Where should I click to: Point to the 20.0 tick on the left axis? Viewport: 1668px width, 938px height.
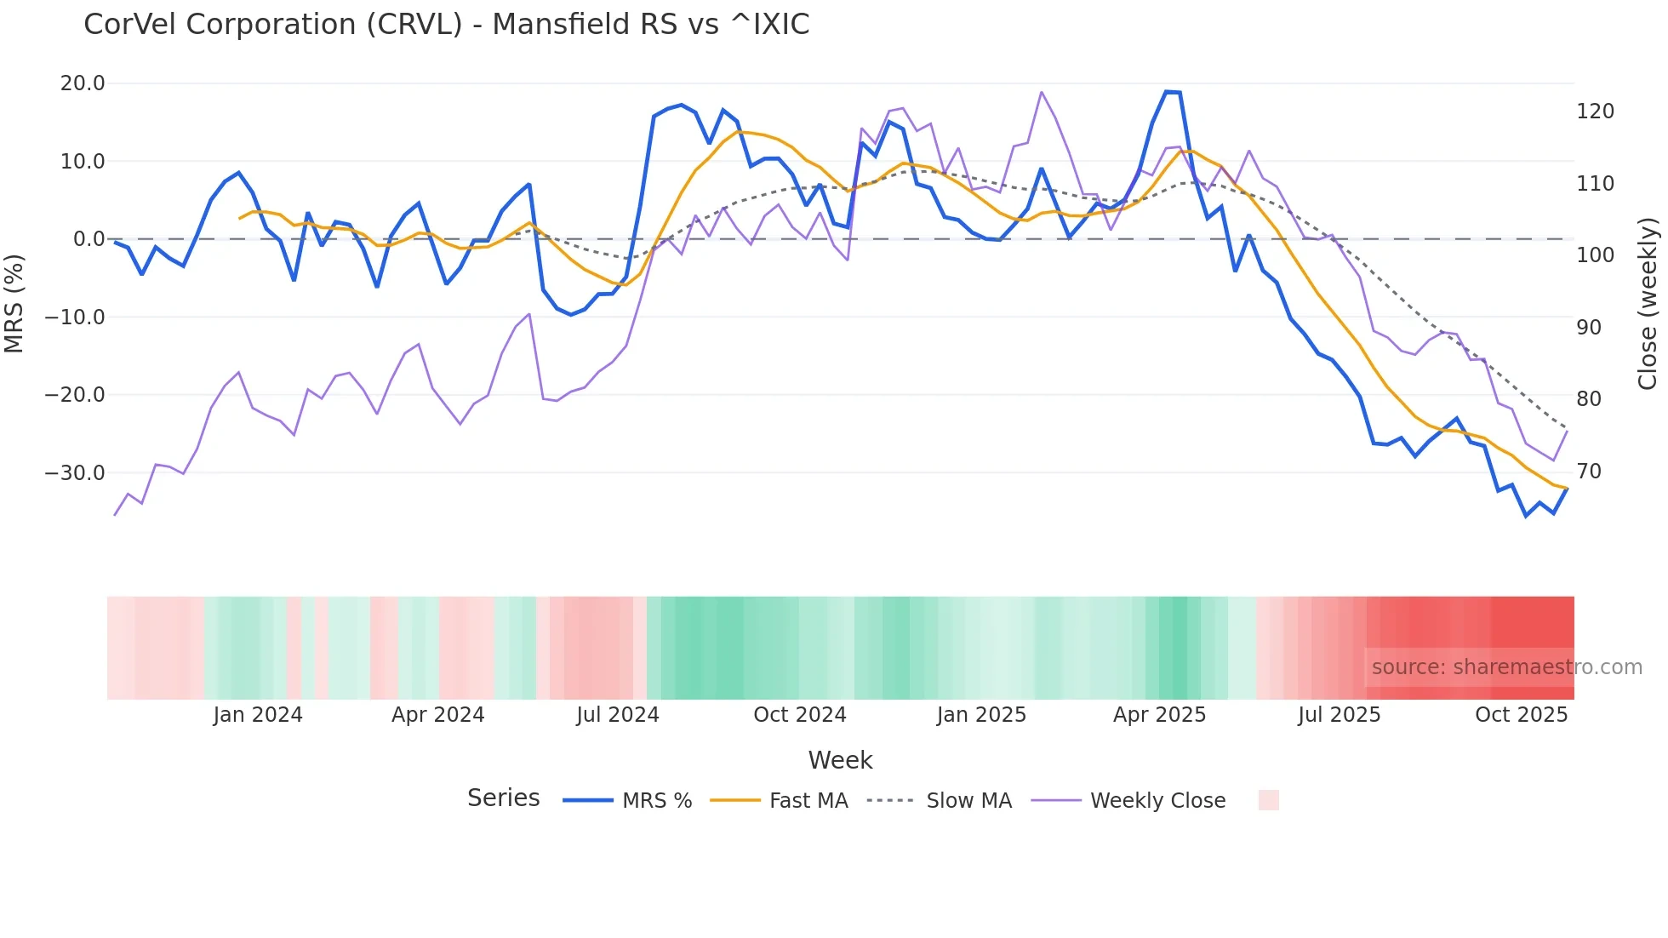pyautogui.click(x=83, y=83)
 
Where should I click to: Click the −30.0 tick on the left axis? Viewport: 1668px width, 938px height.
pyautogui.click(x=75, y=472)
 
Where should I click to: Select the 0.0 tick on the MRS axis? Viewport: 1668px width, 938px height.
pyautogui.click(x=89, y=239)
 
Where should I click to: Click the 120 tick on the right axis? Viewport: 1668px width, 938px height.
pyautogui.click(x=1595, y=112)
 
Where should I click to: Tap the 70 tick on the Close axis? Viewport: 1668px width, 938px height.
pyautogui.click(x=1588, y=471)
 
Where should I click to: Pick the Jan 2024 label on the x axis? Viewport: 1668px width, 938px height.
pyautogui.click(x=258, y=715)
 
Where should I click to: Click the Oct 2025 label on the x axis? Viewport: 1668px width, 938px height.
pyautogui.click(x=1521, y=715)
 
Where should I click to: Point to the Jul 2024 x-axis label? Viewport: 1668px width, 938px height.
pyautogui.click(x=618, y=715)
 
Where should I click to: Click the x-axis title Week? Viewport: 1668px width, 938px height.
pyautogui.click(x=840, y=760)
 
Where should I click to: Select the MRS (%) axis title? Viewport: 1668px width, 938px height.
pyautogui.click(x=14, y=303)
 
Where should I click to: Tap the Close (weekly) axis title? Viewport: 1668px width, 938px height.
pyautogui.click(x=1648, y=304)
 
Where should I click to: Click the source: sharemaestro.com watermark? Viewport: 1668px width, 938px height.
pyautogui.click(x=1506, y=667)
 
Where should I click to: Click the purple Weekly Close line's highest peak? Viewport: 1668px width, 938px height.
pyautogui.click(x=1042, y=92)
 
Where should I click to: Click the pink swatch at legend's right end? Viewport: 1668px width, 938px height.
pyautogui.click(x=1268, y=801)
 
